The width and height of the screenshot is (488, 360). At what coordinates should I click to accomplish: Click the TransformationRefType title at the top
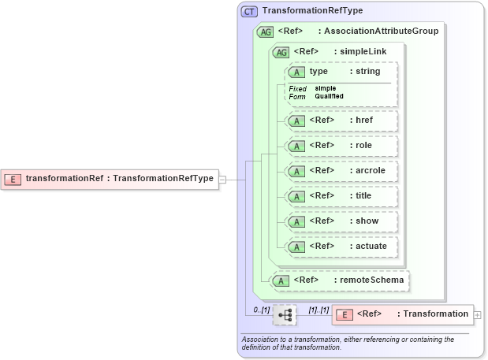click(313, 12)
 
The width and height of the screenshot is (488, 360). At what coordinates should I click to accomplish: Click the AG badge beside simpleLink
click(280, 52)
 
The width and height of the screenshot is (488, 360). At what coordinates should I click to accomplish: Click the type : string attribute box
click(341, 72)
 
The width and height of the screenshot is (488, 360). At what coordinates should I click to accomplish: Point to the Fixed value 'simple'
click(326, 88)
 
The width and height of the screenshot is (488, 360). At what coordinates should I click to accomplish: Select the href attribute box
click(341, 121)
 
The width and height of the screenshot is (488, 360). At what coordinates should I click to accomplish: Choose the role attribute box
click(341, 146)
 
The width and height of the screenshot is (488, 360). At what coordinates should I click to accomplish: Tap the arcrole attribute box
click(341, 171)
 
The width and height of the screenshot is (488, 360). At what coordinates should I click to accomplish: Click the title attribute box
click(341, 196)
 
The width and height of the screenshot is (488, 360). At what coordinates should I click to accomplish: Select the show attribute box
click(341, 221)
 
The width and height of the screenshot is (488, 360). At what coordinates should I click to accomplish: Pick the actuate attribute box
click(341, 247)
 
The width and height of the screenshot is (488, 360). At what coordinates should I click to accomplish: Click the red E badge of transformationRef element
click(13, 179)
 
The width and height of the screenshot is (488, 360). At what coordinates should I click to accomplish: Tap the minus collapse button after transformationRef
click(222, 179)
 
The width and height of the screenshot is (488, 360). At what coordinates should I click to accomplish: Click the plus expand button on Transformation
click(478, 314)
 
